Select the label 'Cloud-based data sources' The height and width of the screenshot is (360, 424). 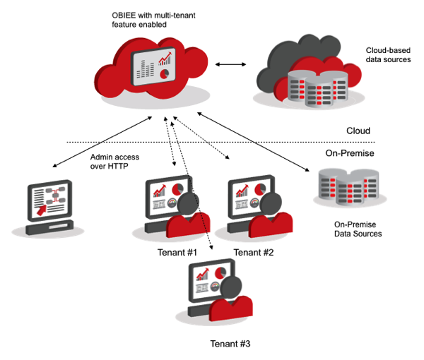(388, 55)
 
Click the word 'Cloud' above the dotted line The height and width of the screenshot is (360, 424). (358, 131)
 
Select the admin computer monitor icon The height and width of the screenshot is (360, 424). (51, 203)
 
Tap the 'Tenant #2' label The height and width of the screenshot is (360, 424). (253, 252)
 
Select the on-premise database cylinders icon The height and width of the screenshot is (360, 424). (346, 188)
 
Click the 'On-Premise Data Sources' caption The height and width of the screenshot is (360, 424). (357, 229)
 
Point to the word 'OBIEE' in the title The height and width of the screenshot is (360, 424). (126, 14)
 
